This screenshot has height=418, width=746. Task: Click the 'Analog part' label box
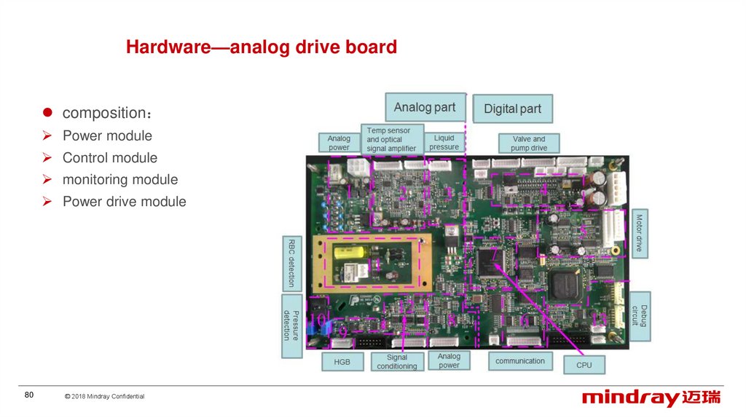click(x=424, y=108)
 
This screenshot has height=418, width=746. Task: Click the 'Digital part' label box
click(x=512, y=109)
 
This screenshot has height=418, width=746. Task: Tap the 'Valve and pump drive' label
click(x=528, y=143)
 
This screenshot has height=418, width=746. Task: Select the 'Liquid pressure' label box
click(x=444, y=142)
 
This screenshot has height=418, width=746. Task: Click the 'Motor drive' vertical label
click(x=638, y=232)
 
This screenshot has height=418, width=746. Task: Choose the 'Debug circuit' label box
click(x=639, y=316)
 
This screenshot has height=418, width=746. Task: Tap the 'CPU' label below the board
click(x=584, y=364)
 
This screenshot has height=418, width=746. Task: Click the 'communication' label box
click(x=519, y=361)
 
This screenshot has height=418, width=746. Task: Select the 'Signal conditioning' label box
click(x=396, y=362)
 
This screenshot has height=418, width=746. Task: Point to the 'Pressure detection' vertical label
click(x=291, y=325)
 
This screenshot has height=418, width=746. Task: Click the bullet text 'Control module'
click(x=109, y=157)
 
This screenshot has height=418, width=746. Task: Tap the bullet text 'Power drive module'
click(x=124, y=201)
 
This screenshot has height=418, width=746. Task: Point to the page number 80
click(x=29, y=395)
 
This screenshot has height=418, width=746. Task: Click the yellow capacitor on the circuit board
click(x=350, y=256)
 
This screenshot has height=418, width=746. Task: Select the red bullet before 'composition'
click(x=46, y=113)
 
